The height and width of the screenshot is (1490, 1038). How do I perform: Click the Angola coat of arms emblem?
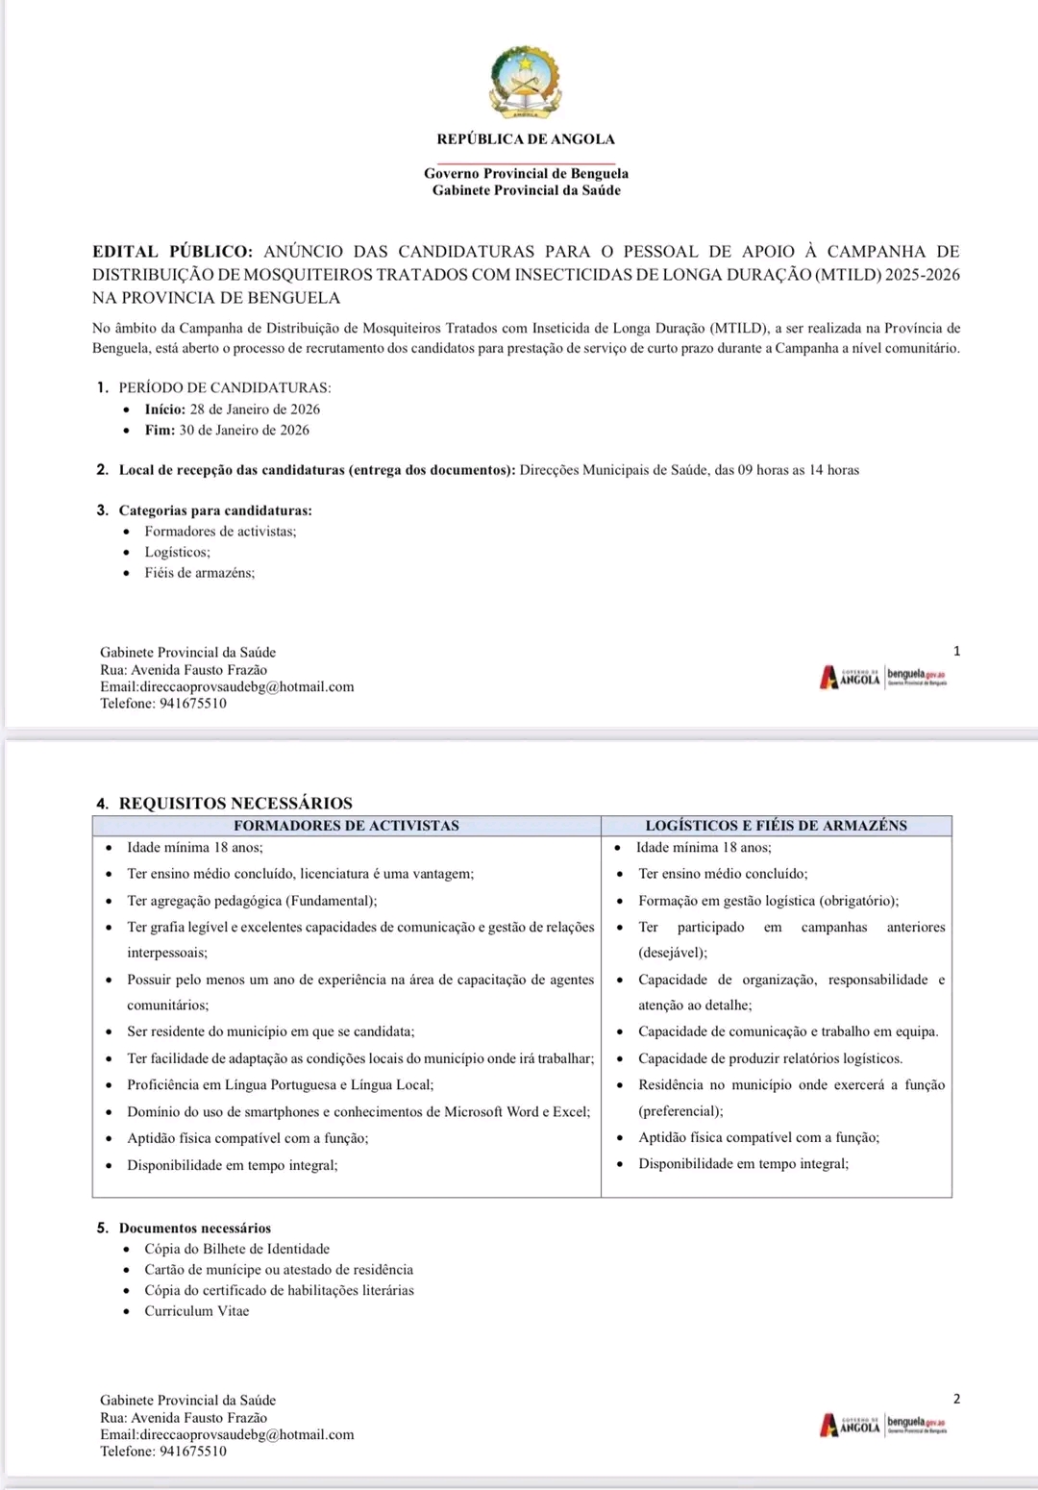pyautogui.click(x=526, y=82)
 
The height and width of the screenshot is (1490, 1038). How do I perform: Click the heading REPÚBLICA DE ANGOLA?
pyautogui.click(x=526, y=139)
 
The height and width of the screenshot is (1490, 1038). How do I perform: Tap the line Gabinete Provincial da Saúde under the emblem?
pyautogui.click(x=526, y=190)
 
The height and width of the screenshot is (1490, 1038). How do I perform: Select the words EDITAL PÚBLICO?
pyautogui.click(x=172, y=252)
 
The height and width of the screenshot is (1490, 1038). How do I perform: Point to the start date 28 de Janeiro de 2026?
pyautogui.click(x=255, y=410)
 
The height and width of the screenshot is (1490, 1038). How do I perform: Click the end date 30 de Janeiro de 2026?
pyautogui.click(x=244, y=431)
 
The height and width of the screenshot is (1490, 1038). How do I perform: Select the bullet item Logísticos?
pyautogui.click(x=177, y=553)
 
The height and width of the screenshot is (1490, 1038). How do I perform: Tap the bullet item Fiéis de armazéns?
pyautogui.click(x=199, y=573)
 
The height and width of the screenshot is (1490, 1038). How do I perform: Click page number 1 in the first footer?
pyautogui.click(x=956, y=651)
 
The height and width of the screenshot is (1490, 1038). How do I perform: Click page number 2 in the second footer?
pyautogui.click(x=956, y=1399)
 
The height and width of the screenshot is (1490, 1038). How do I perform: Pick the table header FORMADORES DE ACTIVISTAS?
pyautogui.click(x=346, y=826)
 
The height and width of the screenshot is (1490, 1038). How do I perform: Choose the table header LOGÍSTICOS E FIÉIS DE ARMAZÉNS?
pyautogui.click(x=776, y=826)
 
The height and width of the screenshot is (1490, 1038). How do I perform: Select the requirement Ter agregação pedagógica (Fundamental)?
pyautogui.click(x=252, y=901)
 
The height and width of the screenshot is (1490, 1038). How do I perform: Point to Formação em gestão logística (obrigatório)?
pyautogui.click(x=768, y=901)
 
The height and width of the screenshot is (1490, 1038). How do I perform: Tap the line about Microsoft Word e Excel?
pyautogui.click(x=358, y=1112)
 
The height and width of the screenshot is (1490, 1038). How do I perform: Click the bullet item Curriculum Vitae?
pyautogui.click(x=196, y=1311)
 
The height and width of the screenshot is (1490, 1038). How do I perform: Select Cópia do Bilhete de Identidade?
pyautogui.click(x=236, y=1250)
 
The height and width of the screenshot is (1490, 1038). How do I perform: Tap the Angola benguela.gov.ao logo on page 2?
pyautogui.click(x=883, y=1425)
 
